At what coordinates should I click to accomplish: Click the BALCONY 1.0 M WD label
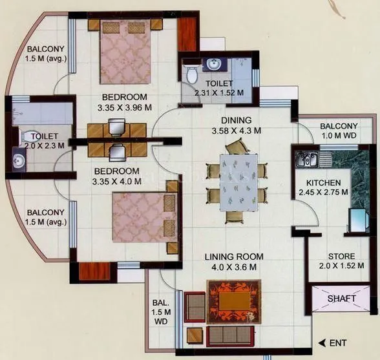point(337,131)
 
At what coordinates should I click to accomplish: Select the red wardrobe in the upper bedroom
point(187,34)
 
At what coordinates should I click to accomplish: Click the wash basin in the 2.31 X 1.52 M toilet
point(212,65)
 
